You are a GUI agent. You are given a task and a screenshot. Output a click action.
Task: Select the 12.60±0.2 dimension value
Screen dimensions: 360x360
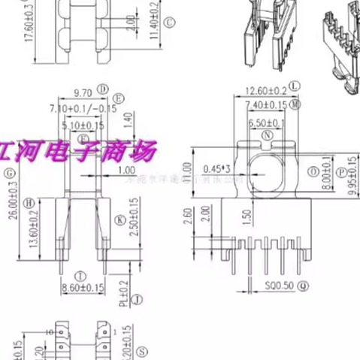(x=265, y=91)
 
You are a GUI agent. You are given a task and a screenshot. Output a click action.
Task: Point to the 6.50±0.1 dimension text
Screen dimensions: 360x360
(x=267, y=122)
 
